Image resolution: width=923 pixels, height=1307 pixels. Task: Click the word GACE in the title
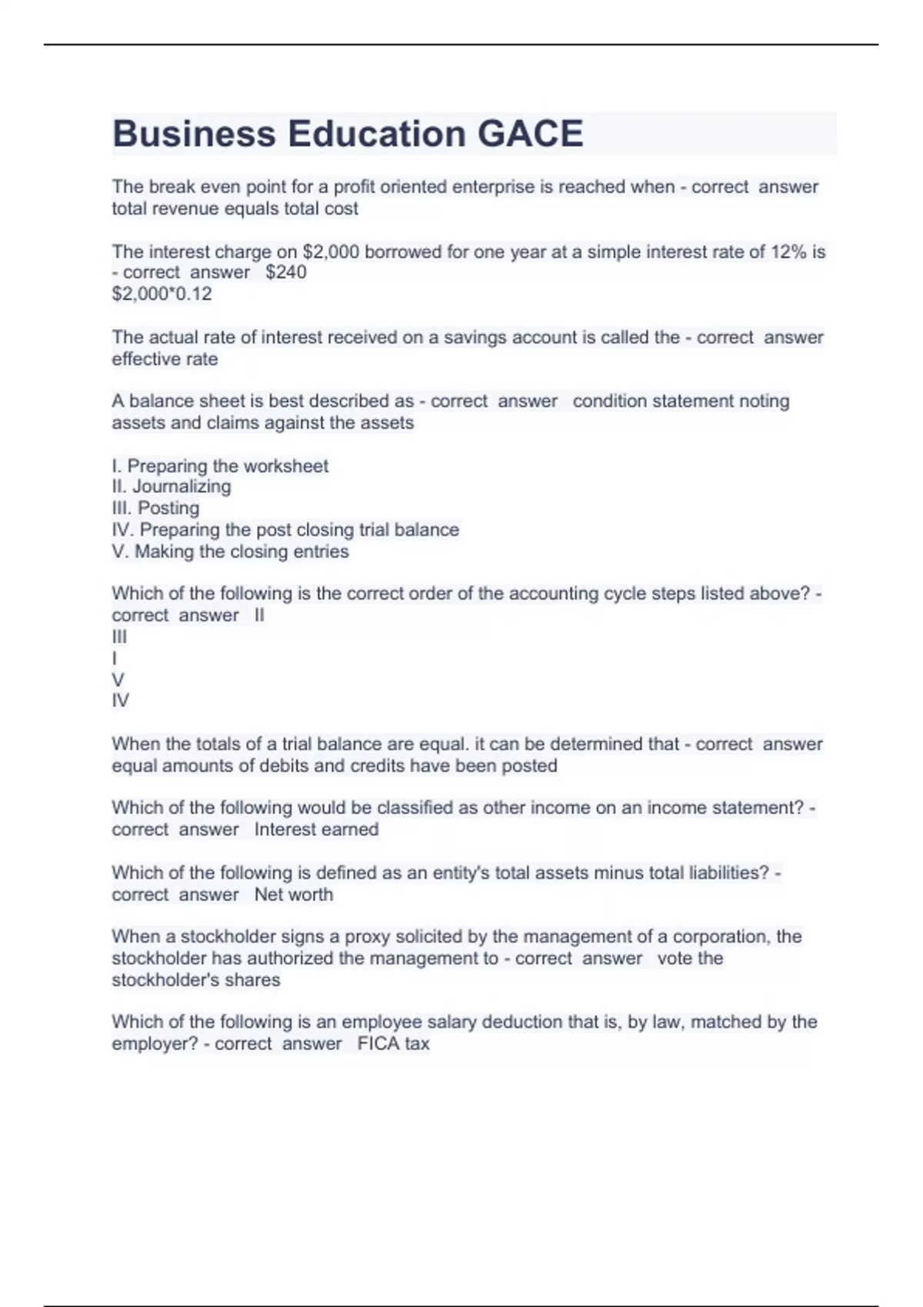coord(530,134)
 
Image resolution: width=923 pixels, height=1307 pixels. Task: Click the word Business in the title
coord(194,134)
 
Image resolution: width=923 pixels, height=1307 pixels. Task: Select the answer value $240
coord(286,272)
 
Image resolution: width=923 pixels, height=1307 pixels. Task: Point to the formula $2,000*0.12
coord(162,294)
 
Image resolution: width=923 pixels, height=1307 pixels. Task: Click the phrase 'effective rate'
coord(165,359)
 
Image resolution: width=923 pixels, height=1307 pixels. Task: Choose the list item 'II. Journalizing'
coord(172,486)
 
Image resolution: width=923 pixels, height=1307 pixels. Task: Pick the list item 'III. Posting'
coord(156,507)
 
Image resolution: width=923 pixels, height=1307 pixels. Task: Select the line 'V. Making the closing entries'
coord(230,551)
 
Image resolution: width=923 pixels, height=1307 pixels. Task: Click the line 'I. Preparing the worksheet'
coord(220,466)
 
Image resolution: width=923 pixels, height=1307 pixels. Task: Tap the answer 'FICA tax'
coord(393,1043)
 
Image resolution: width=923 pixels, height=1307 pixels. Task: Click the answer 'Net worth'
coord(294,894)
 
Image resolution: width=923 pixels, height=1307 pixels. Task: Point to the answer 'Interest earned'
coord(316,830)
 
